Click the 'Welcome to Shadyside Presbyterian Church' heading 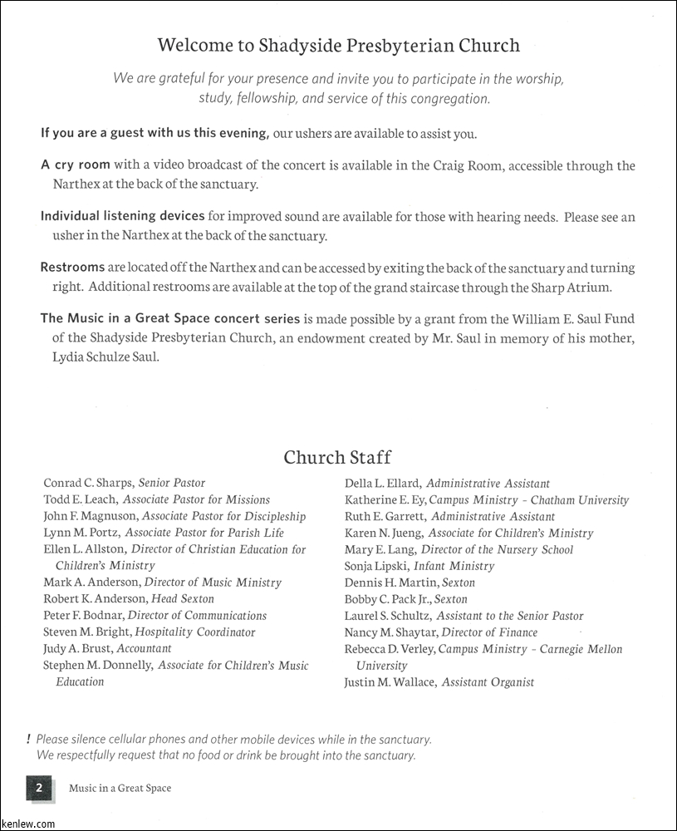click(x=338, y=46)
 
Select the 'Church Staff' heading click(x=337, y=457)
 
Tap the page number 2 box click(x=39, y=787)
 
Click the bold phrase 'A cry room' click(x=76, y=165)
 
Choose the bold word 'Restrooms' click(x=72, y=268)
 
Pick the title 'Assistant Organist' click(x=488, y=682)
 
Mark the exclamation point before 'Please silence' click(x=28, y=739)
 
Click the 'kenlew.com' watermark click(x=28, y=824)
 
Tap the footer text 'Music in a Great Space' click(x=120, y=788)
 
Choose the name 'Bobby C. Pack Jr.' click(x=387, y=599)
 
